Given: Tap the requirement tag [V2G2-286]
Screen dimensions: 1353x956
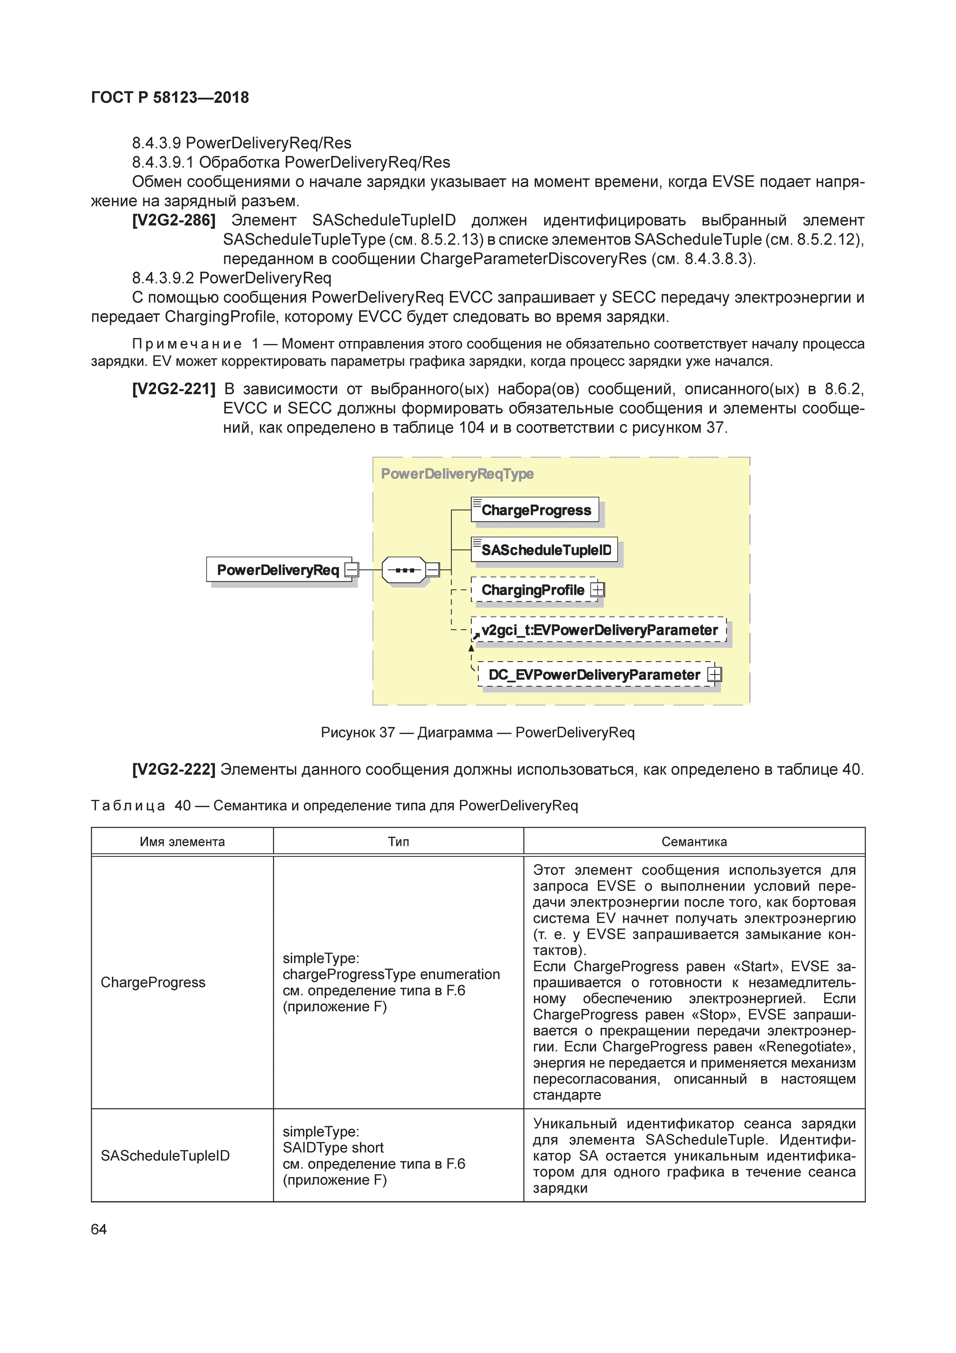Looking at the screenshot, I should tap(174, 220).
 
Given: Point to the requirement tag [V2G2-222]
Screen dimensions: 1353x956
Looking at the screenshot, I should tap(174, 769).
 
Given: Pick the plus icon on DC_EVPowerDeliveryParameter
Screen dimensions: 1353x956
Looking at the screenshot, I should tap(714, 674).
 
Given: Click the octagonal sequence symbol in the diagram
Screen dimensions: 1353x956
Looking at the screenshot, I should tap(404, 570).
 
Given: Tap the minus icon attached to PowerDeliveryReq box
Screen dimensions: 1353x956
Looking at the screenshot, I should tap(352, 570).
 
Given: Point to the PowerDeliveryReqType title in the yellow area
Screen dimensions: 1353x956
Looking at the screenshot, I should tap(457, 474).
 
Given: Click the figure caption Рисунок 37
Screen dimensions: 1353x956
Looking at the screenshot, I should tap(477, 732).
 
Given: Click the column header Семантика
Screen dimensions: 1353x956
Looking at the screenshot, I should tap(694, 842).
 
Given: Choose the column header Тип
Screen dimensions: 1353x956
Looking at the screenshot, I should tap(398, 842).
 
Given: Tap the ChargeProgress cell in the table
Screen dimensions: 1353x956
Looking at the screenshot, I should tap(153, 982).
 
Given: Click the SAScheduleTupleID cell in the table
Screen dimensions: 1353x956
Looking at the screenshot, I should tap(165, 1156).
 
